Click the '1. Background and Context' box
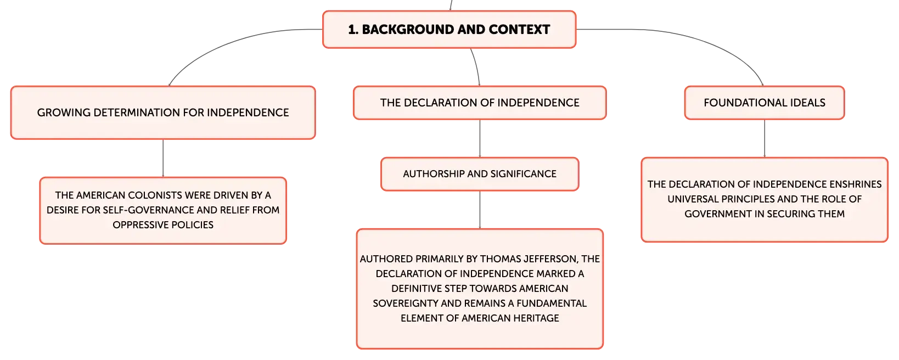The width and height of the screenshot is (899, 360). pos(449,29)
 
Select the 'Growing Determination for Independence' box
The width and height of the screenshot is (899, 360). pos(163,113)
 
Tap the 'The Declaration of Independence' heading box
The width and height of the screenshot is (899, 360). pos(480,103)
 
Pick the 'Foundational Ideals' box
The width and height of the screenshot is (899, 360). pos(764,103)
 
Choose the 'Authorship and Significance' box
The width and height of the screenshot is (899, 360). pos(480,174)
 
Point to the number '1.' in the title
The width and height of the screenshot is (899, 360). pos(353,30)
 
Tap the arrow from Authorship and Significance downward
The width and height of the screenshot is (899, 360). pos(480,210)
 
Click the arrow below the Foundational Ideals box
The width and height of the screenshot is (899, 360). pos(764,138)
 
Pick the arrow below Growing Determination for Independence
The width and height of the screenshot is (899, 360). pos(163,158)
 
